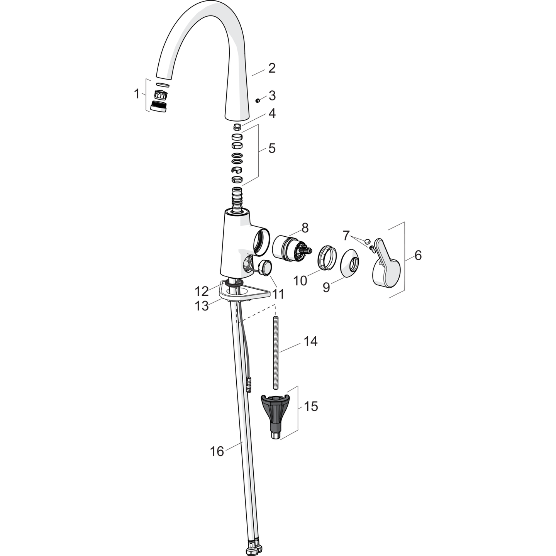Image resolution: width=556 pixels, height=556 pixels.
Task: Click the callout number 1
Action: pyautogui.click(x=137, y=94)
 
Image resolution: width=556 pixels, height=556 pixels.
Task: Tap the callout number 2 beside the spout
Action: pyautogui.click(x=272, y=68)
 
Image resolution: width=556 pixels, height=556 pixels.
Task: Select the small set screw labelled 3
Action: pyautogui.click(x=258, y=100)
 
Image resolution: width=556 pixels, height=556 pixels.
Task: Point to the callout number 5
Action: pyautogui.click(x=272, y=148)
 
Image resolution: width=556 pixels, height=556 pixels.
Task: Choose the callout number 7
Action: pyautogui.click(x=346, y=236)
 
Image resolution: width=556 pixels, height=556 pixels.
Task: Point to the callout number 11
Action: pyautogui.click(x=278, y=295)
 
